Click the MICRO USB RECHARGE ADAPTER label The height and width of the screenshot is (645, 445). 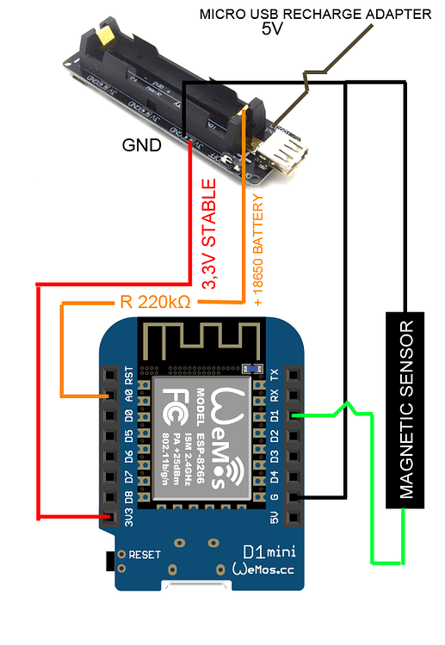(x=314, y=13)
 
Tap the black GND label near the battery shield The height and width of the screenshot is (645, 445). (x=140, y=144)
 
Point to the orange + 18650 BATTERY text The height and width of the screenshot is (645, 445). (x=257, y=249)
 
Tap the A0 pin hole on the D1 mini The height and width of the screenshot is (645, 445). (x=108, y=396)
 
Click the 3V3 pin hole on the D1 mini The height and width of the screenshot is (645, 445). (x=108, y=517)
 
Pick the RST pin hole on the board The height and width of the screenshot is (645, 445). (x=108, y=377)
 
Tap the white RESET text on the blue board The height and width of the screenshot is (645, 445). (x=144, y=556)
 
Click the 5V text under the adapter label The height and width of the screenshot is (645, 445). (x=272, y=28)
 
